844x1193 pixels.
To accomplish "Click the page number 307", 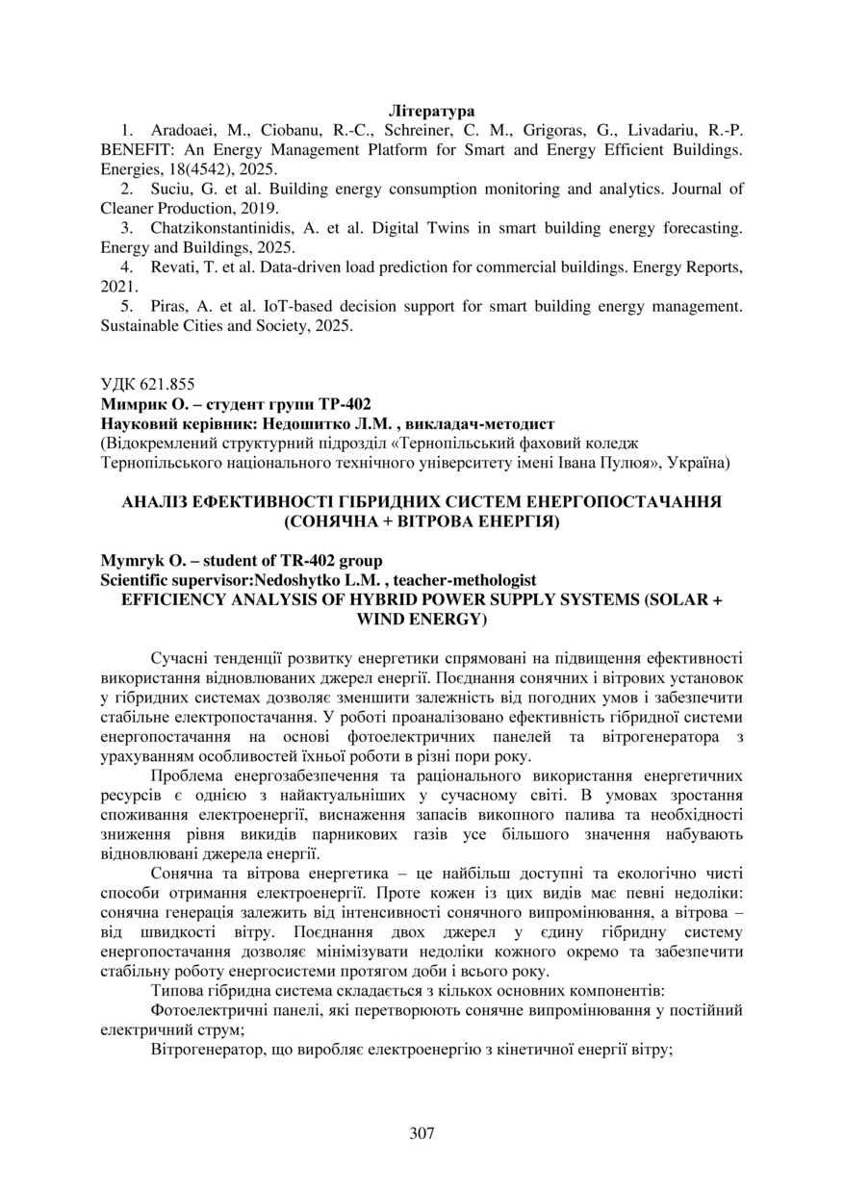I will click(x=422, y=1132).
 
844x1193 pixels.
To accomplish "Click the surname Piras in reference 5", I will click(x=170, y=306).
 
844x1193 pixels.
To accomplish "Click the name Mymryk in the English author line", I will click(x=129, y=561).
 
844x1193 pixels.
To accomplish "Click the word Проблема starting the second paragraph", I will click(x=187, y=775).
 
